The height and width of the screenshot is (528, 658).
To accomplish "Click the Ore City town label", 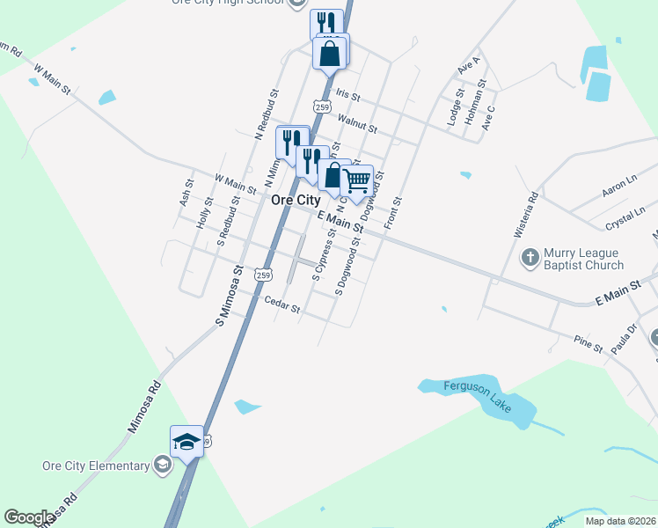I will tap(296, 200).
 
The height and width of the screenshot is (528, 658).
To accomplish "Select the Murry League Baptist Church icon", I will tap(530, 258).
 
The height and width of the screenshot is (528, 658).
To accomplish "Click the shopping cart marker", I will tap(356, 181).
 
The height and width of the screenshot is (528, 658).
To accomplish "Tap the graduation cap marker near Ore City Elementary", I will tap(186, 441).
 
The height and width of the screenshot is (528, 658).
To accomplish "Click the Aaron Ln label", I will tap(618, 187).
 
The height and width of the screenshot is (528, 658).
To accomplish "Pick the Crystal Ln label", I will tap(620, 216).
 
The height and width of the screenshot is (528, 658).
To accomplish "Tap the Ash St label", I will tap(185, 195).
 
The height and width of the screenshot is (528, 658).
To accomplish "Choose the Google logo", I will tap(29, 517).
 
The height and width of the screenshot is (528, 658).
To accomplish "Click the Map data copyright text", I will tap(620, 521).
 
